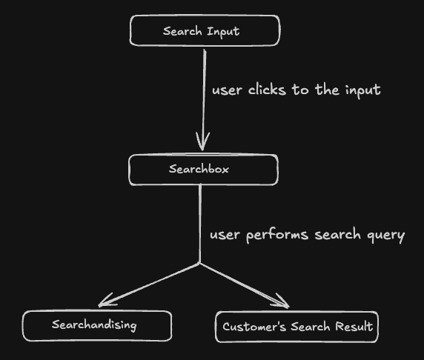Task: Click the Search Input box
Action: tap(205, 31)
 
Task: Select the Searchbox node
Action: tap(203, 170)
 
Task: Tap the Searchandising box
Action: tap(96, 325)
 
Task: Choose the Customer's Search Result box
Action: tap(297, 327)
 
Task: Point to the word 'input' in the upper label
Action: tap(362, 90)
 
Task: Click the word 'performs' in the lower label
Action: tap(276, 236)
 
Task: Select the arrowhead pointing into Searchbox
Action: tap(202, 142)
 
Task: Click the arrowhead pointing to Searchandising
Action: tap(106, 301)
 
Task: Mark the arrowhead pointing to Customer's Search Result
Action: tap(282, 302)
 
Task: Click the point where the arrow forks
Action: tap(199, 263)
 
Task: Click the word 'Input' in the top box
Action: tap(224, 31)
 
